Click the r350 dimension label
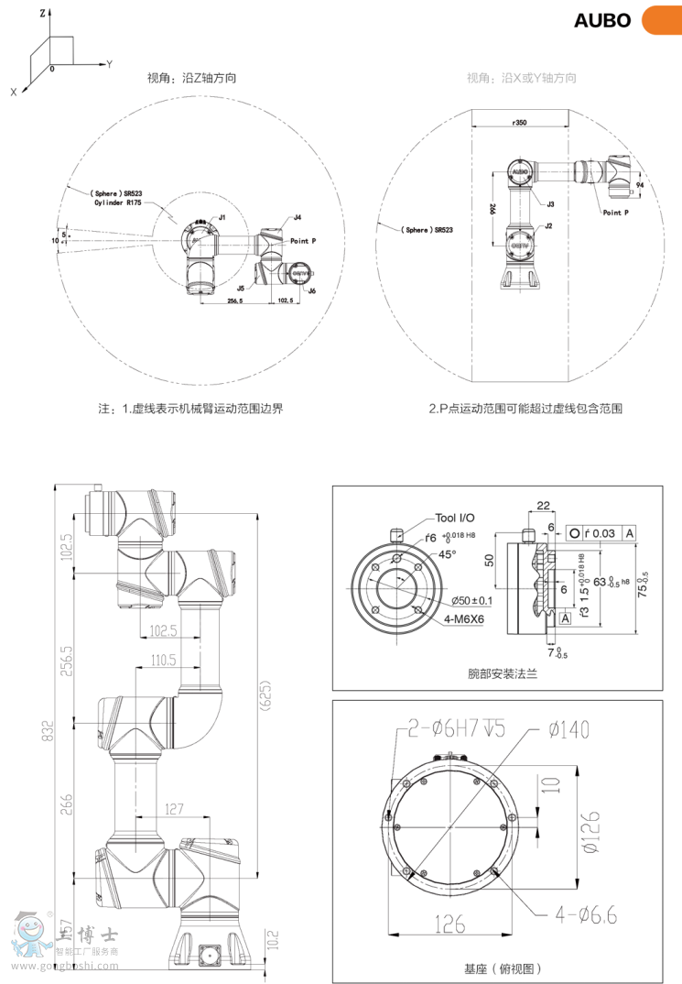pyautogui.click(x=519, y=121)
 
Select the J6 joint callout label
pyautogui.click(x=311, y=290)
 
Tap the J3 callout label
pyautogui.click(x=551, y=204)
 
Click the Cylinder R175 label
pyautogui.click(x=118, y=202)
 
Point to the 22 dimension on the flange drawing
pyautogui.click(x=543, y=505)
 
